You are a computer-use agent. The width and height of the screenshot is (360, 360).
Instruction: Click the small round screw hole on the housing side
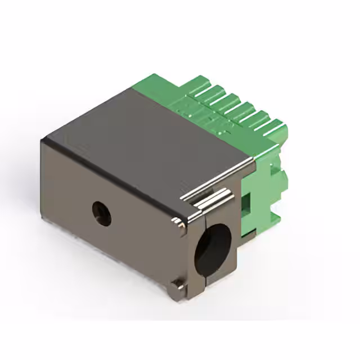coord(101,214)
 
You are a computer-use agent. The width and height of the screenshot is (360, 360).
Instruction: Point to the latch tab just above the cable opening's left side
coord(181,226)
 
